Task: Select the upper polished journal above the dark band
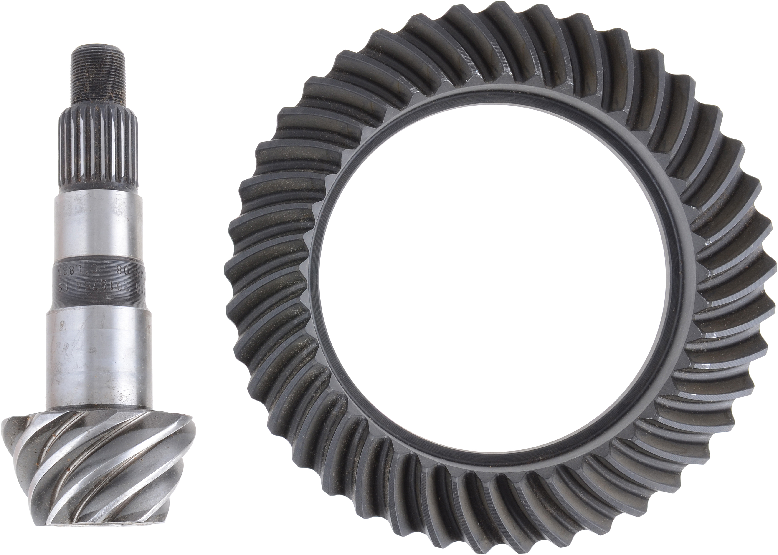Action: (x=99, y=222)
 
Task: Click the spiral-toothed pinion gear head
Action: (x=99, y=465)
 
